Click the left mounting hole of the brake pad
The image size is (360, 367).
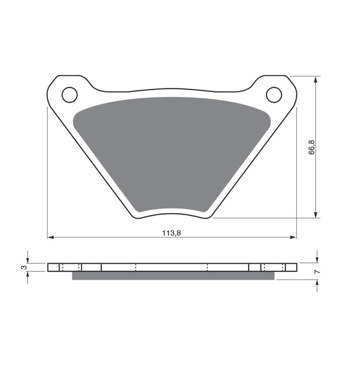click(x=70, y=95)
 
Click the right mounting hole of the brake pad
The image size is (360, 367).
click(x=274, y=95)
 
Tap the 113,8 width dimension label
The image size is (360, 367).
click(x=172, y=233)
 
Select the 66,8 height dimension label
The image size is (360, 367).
click(x=312, y=147)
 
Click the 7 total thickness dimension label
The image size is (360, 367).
click(x=317, y=272)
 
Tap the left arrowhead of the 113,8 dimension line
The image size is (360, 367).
click(x=51, y=237)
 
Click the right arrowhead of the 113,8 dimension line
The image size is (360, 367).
click(x=293, y=237)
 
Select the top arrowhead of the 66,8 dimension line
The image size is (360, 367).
click(x=316, y=80)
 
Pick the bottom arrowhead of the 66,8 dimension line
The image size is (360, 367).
click(x=316, y=215)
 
